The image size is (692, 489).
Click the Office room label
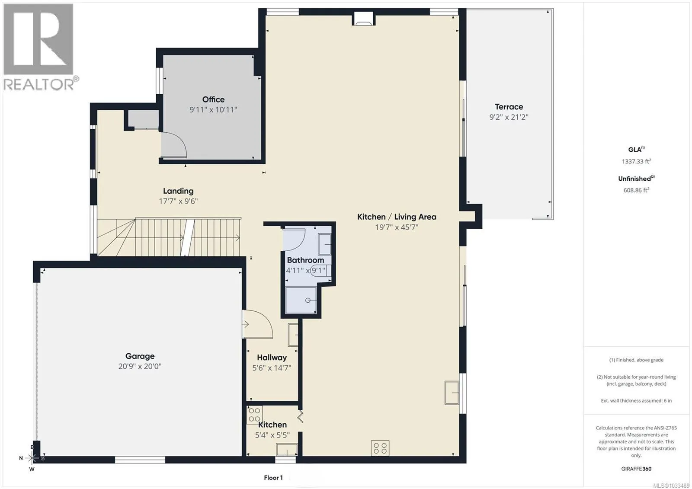213,99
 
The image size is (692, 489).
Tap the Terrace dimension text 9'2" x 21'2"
509,117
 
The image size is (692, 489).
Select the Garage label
140,356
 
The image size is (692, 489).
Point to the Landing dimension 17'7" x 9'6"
178,201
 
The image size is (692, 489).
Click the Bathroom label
305,260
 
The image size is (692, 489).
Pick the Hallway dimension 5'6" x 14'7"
272,368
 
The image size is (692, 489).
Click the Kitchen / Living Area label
397,217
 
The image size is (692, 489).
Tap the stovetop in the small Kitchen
254,415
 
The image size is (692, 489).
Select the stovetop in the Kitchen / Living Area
380,448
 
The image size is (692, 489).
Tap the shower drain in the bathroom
308,300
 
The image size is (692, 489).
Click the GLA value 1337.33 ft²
636,161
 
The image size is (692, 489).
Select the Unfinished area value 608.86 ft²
636,190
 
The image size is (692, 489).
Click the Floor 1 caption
273,478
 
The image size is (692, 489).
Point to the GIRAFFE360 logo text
636,469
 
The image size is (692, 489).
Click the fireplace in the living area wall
364,19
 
